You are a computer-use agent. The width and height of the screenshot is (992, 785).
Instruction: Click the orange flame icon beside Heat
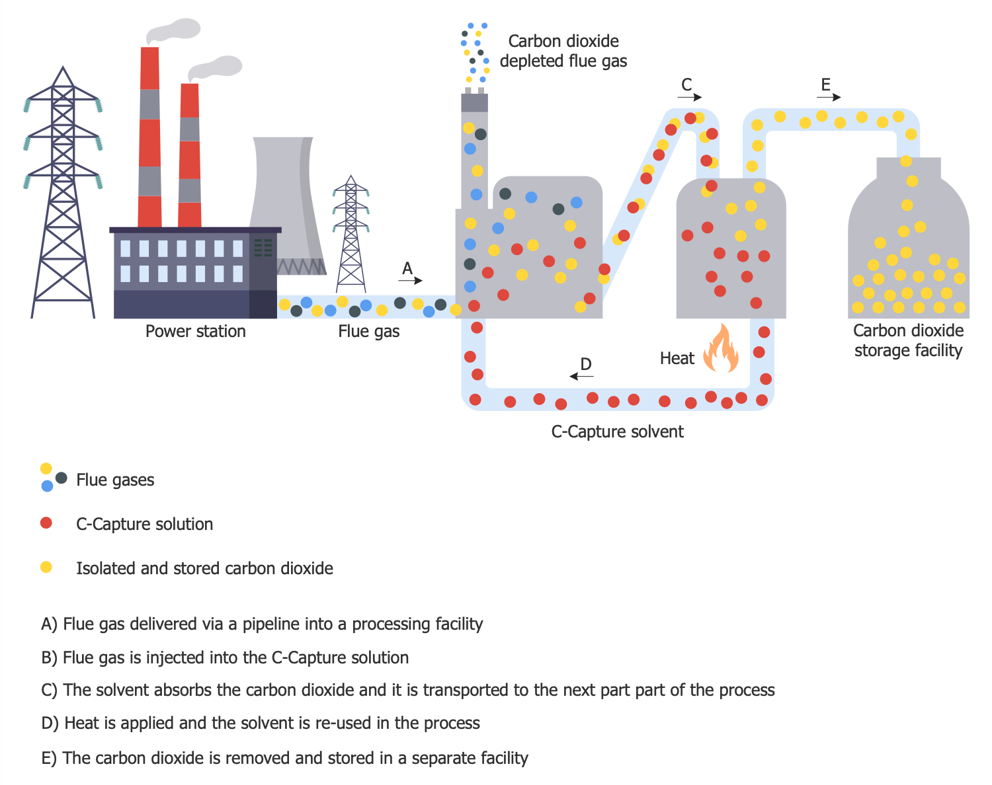(721, 349)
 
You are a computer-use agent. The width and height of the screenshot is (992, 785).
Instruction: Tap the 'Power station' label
(195, 331)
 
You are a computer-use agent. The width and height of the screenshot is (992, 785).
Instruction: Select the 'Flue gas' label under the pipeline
(368, 331)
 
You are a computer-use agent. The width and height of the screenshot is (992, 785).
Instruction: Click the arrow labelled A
(411, 280)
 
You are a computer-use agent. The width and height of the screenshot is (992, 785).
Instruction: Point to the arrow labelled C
(690, 97)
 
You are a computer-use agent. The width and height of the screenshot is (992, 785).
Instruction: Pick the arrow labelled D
(582, 376)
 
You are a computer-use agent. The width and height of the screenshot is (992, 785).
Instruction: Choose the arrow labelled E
(829, 97)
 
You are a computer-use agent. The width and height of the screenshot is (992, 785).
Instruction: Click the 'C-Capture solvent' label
(617, 431)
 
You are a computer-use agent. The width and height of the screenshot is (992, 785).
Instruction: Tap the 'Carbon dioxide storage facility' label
(908, 340)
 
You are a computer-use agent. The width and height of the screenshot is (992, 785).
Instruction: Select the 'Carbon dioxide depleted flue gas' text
(563, 51)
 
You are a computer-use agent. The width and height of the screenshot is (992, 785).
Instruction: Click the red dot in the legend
(46, 523)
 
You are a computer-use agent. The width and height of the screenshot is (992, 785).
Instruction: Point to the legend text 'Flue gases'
(115, 480)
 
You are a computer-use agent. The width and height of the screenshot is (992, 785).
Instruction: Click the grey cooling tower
(286, 198)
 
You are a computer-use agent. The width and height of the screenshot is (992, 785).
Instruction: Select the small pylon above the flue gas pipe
(351, 235)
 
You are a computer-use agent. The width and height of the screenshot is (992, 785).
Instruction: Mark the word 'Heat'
(677, 358)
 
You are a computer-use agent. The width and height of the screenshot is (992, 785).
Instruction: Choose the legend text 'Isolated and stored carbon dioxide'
(204, 568)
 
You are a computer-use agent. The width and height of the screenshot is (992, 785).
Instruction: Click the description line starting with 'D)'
(260, 723)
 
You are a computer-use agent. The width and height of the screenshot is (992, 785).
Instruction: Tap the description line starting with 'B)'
(225, 657)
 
